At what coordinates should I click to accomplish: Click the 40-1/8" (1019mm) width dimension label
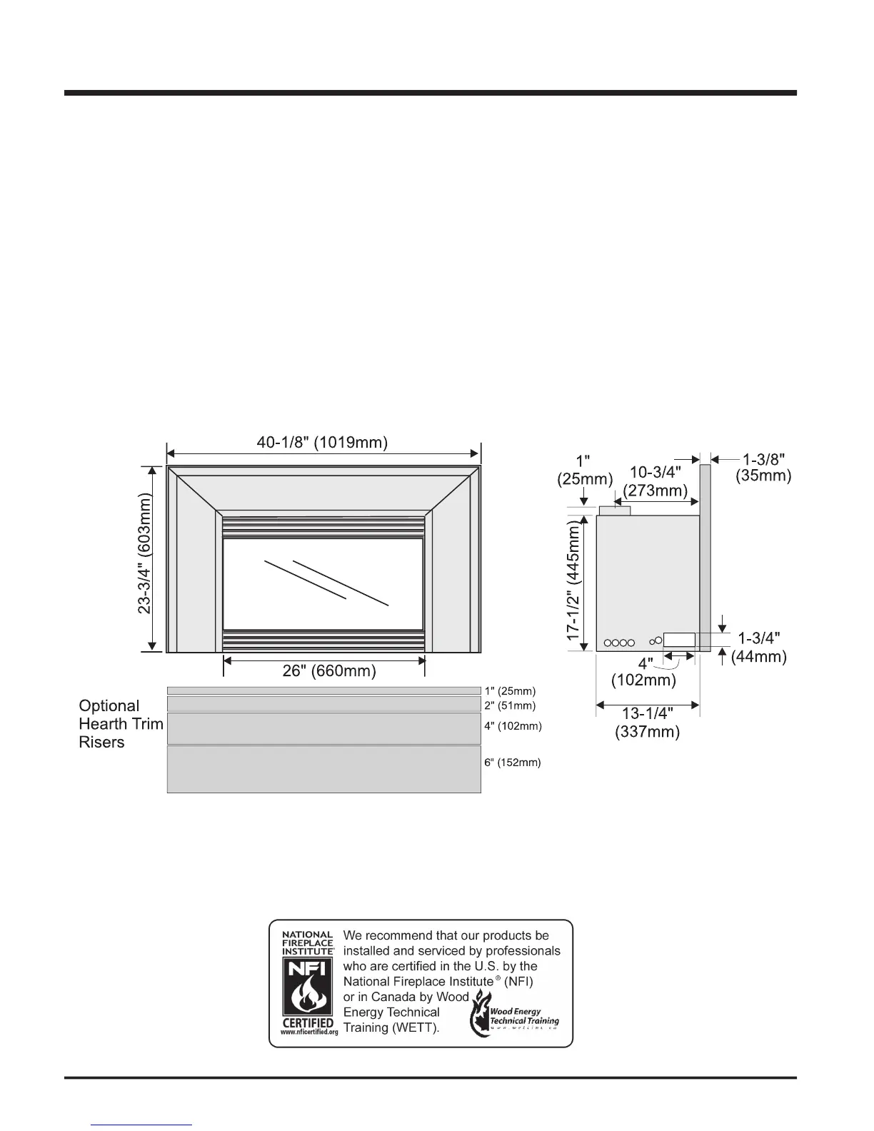322,443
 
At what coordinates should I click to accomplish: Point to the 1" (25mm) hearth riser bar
323,690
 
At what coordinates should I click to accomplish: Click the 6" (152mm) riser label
512,763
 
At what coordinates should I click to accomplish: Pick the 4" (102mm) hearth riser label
513,726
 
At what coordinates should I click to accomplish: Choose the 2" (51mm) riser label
510,705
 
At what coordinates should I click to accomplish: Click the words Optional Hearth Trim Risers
121,724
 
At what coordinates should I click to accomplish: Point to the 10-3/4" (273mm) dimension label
655,481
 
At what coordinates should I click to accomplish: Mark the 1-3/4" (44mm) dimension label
761,647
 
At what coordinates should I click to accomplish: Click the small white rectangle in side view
679,640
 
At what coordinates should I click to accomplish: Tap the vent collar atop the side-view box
613,510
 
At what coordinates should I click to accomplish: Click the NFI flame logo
308,986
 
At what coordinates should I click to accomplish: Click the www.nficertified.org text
308,1032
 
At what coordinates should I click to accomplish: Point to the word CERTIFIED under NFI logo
308,1022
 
